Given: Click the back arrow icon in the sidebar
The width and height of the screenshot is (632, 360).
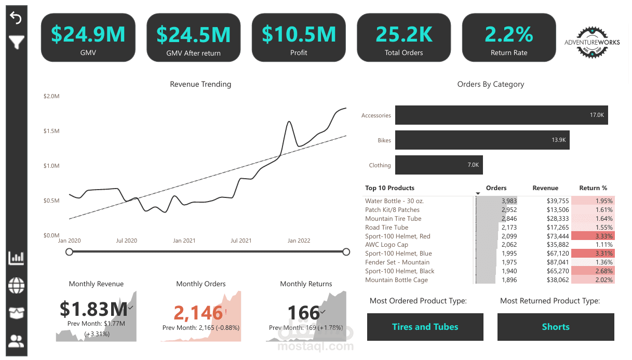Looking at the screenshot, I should click(16, 18).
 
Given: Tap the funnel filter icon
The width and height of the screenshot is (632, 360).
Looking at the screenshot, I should click(17, 42).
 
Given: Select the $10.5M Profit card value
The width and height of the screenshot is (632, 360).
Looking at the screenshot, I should click(299, 34).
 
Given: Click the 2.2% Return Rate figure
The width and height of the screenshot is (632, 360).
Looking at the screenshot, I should click(509, 34).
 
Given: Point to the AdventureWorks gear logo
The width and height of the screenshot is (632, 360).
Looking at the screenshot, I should click(592, 42).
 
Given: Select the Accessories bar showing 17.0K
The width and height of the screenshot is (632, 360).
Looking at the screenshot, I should click(501, 115).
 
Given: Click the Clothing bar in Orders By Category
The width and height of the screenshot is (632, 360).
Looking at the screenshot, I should click(439, 165).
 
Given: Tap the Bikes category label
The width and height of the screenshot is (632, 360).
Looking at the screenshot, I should click(384, 140).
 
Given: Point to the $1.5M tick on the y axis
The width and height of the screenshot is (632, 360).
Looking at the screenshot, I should click(51, 131).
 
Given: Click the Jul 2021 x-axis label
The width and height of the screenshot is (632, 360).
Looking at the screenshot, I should click(241, 241).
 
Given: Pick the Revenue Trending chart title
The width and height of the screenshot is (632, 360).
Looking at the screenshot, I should click(200, 84).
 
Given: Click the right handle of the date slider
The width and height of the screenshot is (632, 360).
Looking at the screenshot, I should click(346, 252).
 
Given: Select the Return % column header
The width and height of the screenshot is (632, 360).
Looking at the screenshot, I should click(593, 188).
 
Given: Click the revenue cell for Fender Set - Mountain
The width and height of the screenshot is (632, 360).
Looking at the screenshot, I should click(557, 262).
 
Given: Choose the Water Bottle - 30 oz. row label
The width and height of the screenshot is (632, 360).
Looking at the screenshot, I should click(395, 201).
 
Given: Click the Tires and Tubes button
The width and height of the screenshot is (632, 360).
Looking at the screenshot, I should click(425, 327).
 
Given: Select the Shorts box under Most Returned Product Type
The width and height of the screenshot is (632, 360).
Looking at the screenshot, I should click(556, 327).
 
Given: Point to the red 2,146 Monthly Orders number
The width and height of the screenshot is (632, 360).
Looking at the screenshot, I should click(198, 313).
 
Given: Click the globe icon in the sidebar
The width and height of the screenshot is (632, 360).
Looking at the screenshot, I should click(17, 285).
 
